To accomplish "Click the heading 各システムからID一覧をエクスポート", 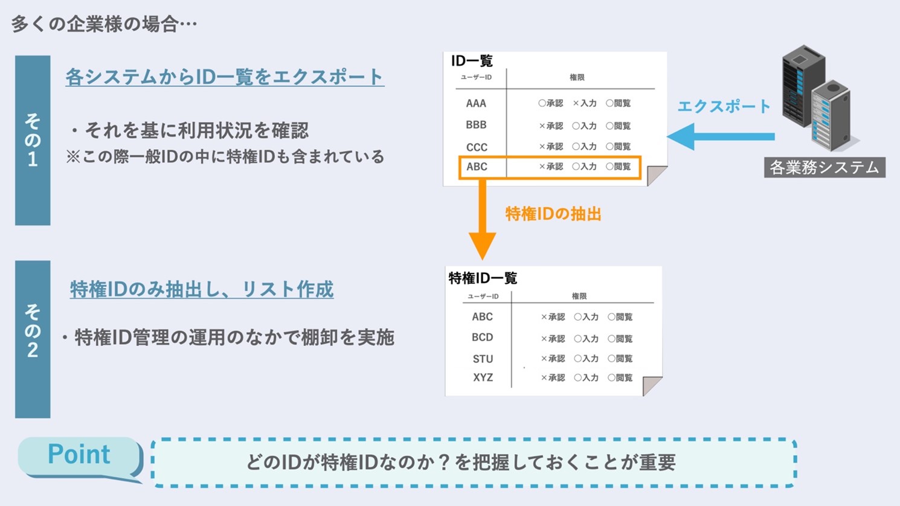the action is click(225, 77).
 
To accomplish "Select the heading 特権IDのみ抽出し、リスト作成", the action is click(202, 289).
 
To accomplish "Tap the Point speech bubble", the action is click(80, 458).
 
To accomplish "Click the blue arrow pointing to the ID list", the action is click(721, 136).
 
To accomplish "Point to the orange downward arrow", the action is click(483, 219).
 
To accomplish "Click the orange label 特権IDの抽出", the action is click(553, 214).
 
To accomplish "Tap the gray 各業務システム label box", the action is click(824, 167).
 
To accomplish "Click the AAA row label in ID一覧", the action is click(476, 103).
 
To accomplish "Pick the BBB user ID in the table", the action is click(476, 125).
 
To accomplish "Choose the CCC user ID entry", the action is click(477, 147).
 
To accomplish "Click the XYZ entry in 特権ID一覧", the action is click(483, 377).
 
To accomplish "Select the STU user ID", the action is click(483, 359).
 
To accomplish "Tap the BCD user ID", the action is click(482, 338).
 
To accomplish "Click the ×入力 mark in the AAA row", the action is click(585, 103).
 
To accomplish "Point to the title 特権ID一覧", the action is click(483, 278).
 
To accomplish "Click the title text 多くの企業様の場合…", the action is click(104, 24).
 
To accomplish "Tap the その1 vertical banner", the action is click(33, 140).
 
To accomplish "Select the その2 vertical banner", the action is click(33, 339).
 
